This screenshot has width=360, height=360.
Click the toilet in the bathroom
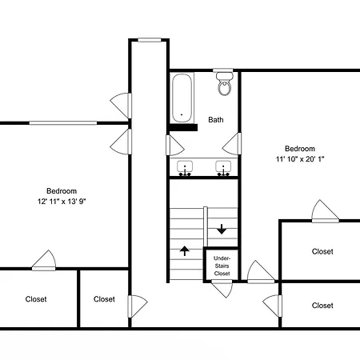[224, 84]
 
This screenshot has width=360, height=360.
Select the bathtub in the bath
[182, 98]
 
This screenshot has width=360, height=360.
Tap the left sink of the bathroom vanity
[185, 168]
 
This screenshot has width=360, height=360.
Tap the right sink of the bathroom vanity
[223, 168]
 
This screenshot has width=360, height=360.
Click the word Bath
[216, 120]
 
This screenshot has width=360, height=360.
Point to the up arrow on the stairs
[185, 251]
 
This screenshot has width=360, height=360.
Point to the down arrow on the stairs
[222, 230]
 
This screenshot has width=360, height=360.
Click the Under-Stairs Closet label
[222, 266]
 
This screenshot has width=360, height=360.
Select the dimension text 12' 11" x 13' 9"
[62, 202]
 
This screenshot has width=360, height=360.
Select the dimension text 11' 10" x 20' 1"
[300, 159]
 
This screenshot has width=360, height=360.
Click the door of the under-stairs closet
[222, 289]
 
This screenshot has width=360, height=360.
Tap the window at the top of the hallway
[150, 40]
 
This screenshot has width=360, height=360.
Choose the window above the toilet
[223, 70]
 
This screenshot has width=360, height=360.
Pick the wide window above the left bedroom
[63, 123]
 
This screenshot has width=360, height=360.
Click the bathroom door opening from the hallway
[174, 146]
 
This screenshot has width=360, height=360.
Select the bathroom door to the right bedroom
[232, 144]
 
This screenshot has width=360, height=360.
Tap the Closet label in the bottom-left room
[36, 299]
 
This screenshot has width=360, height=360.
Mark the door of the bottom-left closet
[44, 261]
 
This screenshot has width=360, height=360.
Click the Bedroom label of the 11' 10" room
[300, 149]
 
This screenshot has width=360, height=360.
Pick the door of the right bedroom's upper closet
[326, 211]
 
